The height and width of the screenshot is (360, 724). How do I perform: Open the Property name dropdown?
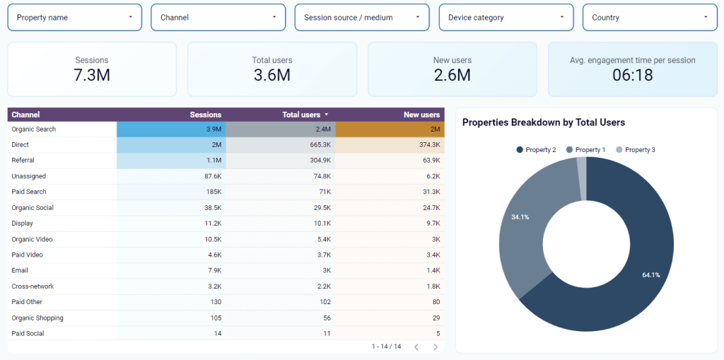(x=74, y=18)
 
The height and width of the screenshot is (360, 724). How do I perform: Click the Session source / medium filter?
(x=361, y=18)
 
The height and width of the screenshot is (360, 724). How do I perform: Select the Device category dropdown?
(x=506, y=18)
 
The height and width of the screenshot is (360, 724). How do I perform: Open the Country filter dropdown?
(x=649, y=18)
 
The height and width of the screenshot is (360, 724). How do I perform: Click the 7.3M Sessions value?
(x=92, y=75)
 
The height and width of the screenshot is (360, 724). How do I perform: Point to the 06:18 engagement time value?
(x=632, y=75)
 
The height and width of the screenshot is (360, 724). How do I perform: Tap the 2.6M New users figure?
(x=452, y=75)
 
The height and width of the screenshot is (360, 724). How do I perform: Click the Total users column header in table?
(x=301, y=115)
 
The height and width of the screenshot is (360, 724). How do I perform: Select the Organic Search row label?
(x=34, y=129)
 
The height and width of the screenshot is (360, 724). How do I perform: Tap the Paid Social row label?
(x=28, y=333)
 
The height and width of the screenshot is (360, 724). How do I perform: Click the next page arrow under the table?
(x=436, y=347)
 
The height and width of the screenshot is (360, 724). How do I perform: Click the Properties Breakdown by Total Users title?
(x=544, y=122)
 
